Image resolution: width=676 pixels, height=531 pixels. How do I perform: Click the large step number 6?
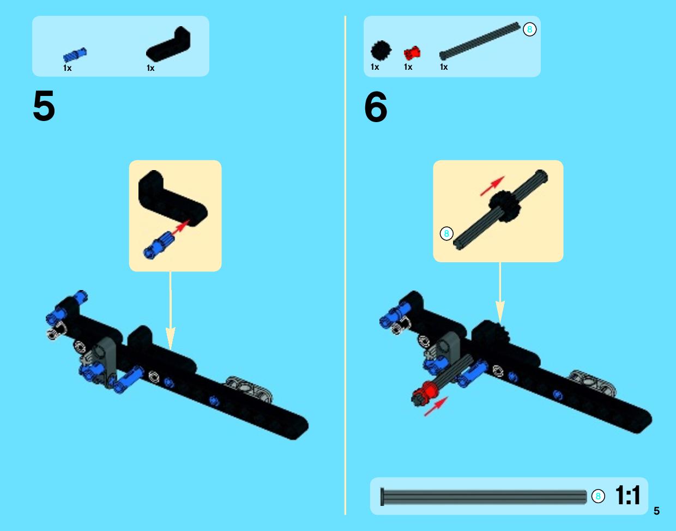click(x=376, y=106)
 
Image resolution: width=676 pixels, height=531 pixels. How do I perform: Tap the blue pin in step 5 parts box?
click(x=75, y=56)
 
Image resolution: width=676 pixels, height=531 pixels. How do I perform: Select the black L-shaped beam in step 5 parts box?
click(x=168, y=45)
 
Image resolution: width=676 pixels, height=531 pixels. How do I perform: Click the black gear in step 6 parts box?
click(x=381, y=50)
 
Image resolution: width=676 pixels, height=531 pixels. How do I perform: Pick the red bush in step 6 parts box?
click(x=412, y=53)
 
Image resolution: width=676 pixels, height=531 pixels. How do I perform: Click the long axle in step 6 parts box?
click(x=480, y=41)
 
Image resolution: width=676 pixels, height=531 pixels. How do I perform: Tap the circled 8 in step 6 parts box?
click(x=529, y=29)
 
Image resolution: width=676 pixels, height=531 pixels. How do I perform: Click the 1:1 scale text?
click(x=627, y=495)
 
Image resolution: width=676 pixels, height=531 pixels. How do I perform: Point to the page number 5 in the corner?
click(x=656, y=511)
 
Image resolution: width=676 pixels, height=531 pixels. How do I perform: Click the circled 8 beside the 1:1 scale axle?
click(x=598, y=496)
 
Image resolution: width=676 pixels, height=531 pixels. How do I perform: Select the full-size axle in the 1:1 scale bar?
click(x=484, y=497)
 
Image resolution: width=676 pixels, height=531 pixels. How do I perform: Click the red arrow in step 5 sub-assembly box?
click(x=180, y=228)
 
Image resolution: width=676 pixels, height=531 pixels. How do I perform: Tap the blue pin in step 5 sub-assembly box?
click(x=159, y=246)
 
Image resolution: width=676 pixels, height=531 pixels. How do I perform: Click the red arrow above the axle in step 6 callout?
click(x=492, y=186)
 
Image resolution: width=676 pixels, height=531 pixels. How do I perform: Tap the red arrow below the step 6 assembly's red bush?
click(x=436, y=406)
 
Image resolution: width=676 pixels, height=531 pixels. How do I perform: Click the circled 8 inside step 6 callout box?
click(x=446, y=233)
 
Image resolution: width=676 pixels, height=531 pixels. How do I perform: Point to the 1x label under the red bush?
click(x=408, y=67)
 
